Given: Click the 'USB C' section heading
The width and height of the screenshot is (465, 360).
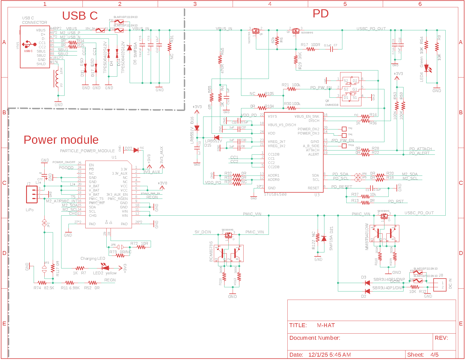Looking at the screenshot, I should (80, 16).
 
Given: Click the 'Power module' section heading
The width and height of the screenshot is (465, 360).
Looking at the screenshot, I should (61, 140).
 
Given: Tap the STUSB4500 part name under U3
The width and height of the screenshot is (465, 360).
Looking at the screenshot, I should (275, 194).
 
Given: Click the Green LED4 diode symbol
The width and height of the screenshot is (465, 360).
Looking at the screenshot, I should (427, 68).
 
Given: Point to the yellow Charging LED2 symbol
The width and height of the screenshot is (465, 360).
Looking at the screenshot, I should (106, 268).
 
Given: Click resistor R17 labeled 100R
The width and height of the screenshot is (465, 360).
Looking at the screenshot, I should (310, 49).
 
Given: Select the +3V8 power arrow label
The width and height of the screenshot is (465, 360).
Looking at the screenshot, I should (162, 183).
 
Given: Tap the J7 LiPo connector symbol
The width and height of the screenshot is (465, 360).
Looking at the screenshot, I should (32, 194).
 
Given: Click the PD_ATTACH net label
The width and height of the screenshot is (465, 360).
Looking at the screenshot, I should (420, 149).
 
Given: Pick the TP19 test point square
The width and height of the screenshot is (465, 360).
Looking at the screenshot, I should (344, 146).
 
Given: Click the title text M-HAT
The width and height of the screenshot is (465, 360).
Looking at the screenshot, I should (326, 325).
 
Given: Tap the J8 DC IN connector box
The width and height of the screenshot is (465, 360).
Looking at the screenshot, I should (440, 285).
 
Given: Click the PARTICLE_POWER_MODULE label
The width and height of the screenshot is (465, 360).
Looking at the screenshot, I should (87, 151).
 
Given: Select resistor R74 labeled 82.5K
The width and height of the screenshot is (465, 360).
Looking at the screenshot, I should (42, 283).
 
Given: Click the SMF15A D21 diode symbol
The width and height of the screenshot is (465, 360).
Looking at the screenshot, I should (324, 239).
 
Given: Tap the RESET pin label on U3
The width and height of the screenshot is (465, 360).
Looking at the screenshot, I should (313, 188).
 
